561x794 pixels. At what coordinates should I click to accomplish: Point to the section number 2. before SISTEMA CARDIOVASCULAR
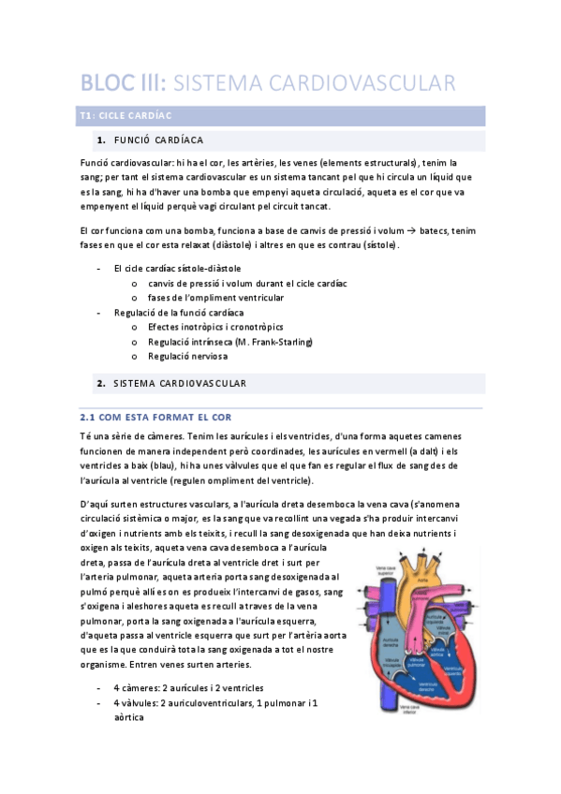[100, 384]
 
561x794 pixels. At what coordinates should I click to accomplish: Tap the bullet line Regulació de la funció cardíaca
[179, 313]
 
